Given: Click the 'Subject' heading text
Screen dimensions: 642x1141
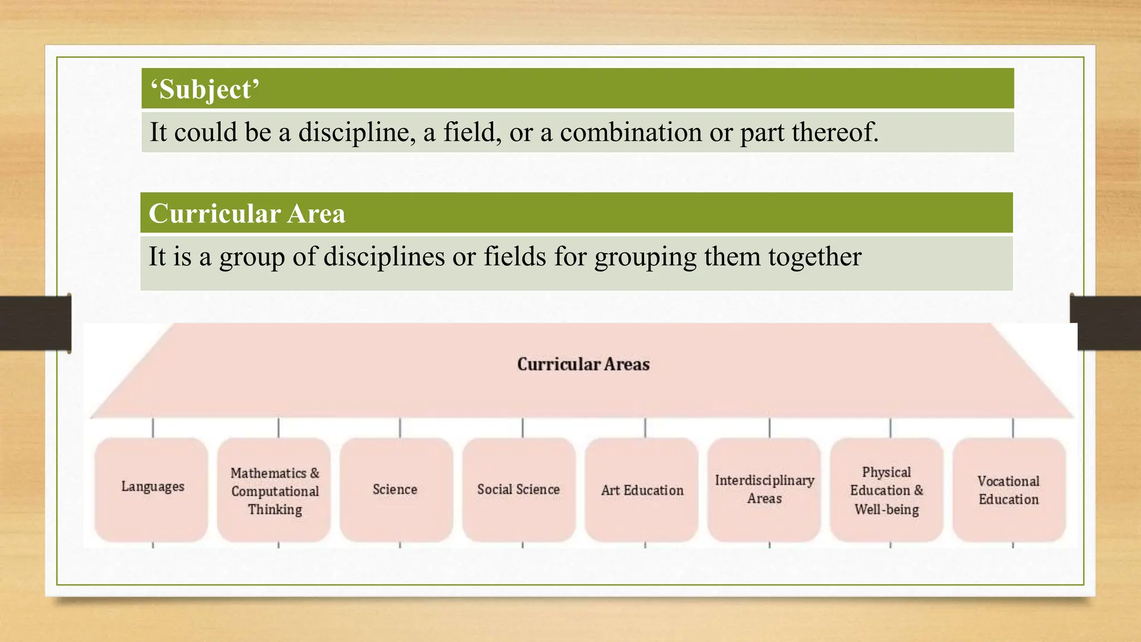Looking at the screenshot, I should pyautogui.click(x=204, y=90).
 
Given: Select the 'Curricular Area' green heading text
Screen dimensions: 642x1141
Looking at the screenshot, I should pyautogui.click(x=247, y=213).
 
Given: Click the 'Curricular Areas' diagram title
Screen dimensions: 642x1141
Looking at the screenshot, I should pyautogui.click(x=583, y=364).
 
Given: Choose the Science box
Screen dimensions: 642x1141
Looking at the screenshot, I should pyautogui.click(x=395, y=490).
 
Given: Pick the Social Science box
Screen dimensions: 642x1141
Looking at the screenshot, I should pyautogui.click(x=518, y=490).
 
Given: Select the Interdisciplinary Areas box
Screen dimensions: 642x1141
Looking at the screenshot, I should pyautogui.click(x=764, y=489).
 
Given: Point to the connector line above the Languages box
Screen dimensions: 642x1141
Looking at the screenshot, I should pyautogui.click(x=153, y=428).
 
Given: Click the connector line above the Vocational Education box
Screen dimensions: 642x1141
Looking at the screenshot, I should pyautogui.click(x=1013, y=428).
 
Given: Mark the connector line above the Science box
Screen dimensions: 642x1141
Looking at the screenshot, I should pyautogui.click(x=400, y=428).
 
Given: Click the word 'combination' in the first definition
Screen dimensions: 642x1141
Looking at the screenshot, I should pyautogui.click(x=631, y=133).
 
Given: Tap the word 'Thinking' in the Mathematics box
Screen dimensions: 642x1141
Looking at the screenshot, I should pyautogui.click(x=275, y=509).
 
